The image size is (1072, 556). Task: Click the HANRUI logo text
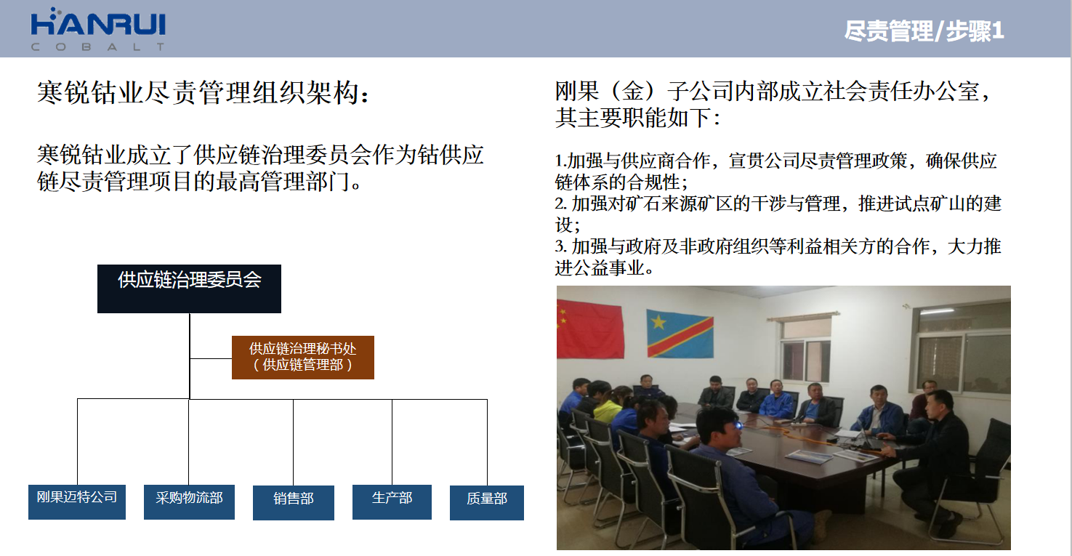coord(98,24)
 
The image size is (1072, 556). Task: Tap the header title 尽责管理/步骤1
coord(924,31)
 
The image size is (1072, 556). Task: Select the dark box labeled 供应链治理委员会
coord(189,289)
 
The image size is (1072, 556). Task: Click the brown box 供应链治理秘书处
coord(303,358)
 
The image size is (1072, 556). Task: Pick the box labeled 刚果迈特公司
coord(77,502)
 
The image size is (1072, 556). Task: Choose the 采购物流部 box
coord(189,502)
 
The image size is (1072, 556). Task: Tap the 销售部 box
coord(294,503)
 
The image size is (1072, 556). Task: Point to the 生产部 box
coord(392,502)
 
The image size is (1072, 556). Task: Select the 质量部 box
coord(487,503)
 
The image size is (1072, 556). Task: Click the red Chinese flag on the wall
coord(591,329)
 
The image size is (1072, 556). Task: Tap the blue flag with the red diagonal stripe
coord(680,334)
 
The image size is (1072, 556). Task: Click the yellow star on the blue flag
coord(658,322)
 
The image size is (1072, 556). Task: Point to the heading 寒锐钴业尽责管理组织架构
coord(203,92)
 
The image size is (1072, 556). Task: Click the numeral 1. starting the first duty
coord(561,161)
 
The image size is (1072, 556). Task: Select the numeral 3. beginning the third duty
coord(561,246)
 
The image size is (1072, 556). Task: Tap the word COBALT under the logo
coord(98,47)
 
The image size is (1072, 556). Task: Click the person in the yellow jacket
coord(608,407)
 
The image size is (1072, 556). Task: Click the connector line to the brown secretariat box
coord(211,358)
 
